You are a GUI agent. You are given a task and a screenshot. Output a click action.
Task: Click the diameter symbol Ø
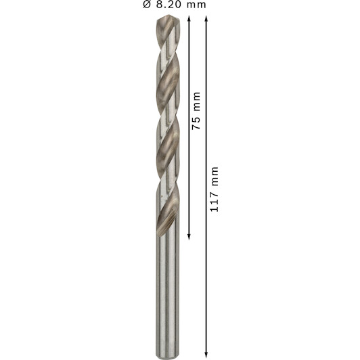pyautogui.click(x=147, y=4)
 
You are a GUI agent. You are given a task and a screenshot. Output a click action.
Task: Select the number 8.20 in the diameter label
pyautogui.click(x=168, y=5)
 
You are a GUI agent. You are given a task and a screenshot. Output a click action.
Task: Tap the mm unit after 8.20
pyautogui.click(x=196, y=5)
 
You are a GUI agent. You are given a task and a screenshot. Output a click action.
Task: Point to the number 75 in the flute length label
pyautogui.click(x=196, y=123)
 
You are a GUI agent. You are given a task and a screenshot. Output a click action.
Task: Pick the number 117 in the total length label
pyautogui.click(x=214, y=202)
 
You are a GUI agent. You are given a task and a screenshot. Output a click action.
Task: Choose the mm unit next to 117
pyautogui.click(x=215, y=176)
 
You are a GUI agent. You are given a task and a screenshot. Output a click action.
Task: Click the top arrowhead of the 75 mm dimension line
pyautogui.click(x=189, y=18)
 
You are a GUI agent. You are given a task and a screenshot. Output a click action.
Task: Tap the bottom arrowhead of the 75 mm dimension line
pyautogui.click(x=189, y=237)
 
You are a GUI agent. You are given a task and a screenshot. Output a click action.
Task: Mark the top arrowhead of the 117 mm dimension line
pyautogui.click(x=206, y=18)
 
